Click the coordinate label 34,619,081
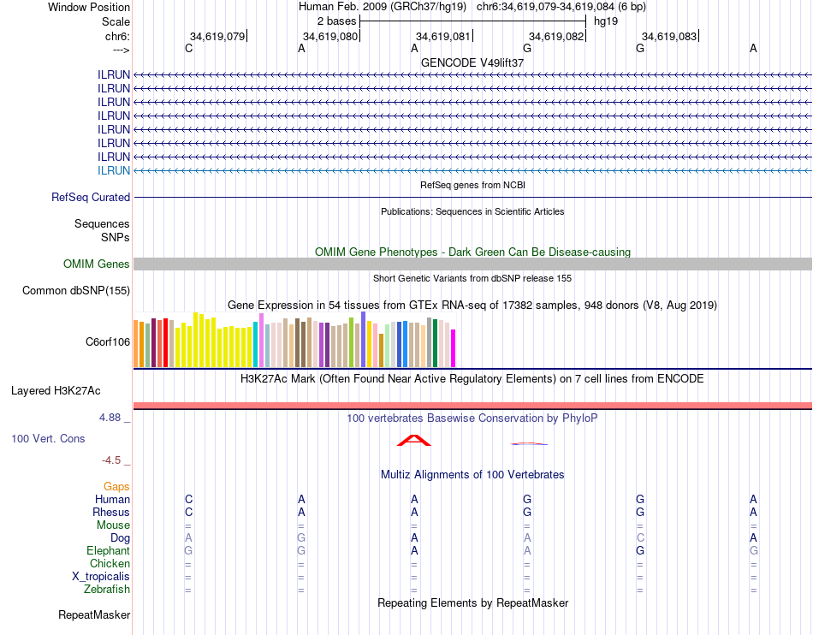click(x=442, y=36)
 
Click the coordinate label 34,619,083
click(x=668, y=36)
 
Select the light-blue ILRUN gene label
click(x=114, y=170)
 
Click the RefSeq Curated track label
click(x=91, y=197)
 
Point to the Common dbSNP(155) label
click(x=76, y=290)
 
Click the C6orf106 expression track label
click(x=108, y=341)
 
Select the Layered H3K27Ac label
click(x=56, y=390)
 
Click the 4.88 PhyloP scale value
click(x=115, y=418)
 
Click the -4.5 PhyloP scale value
click(x=115, y=460)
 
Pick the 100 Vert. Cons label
click(x=48, y=438)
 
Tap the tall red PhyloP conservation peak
click(x=414, y=440)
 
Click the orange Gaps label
click(x=116, y=486)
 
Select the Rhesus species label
click(x=111, y=512)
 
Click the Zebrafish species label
click(x=107, y=589)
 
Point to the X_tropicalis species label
click(x=101, y=576)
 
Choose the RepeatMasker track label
click(x=94, y=614)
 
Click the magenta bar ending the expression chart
click(x=454, y=347)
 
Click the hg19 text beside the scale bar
click(x=606, y=21)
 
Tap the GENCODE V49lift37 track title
click(x=472, y=62)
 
